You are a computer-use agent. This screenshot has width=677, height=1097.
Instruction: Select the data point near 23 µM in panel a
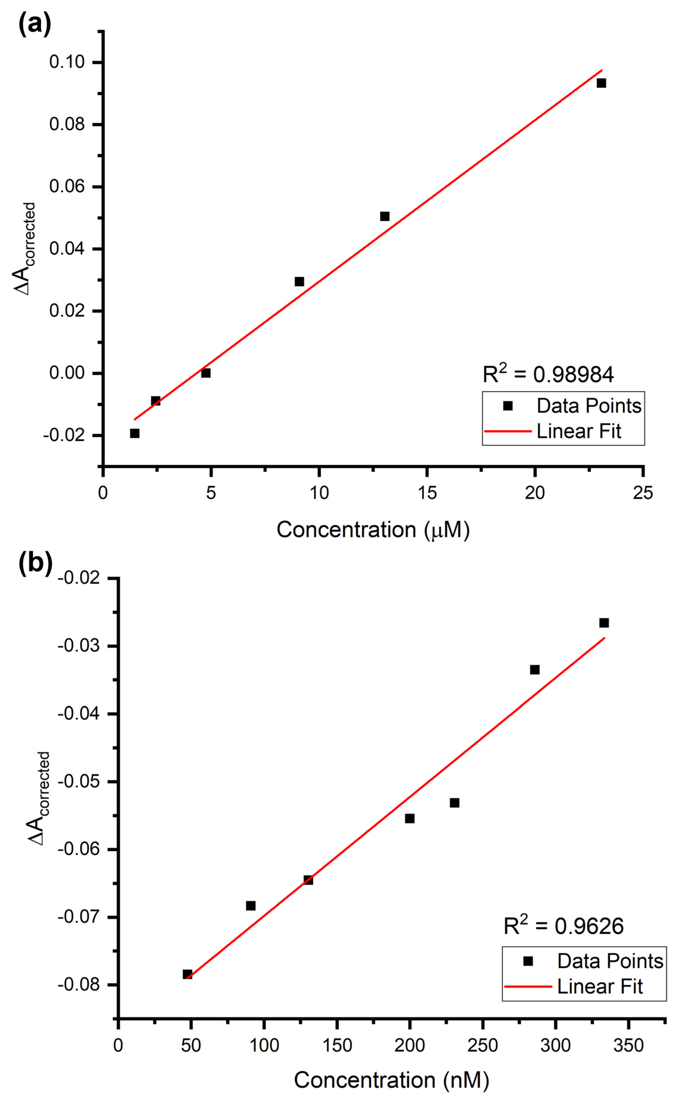point(601,83)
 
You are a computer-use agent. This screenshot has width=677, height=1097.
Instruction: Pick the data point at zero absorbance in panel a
point(205,373)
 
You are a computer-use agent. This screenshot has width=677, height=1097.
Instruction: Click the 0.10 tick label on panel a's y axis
point(67,62)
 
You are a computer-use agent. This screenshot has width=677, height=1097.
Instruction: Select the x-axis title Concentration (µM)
point(373,530)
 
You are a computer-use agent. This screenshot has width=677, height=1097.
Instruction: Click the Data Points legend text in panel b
point(610,962)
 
